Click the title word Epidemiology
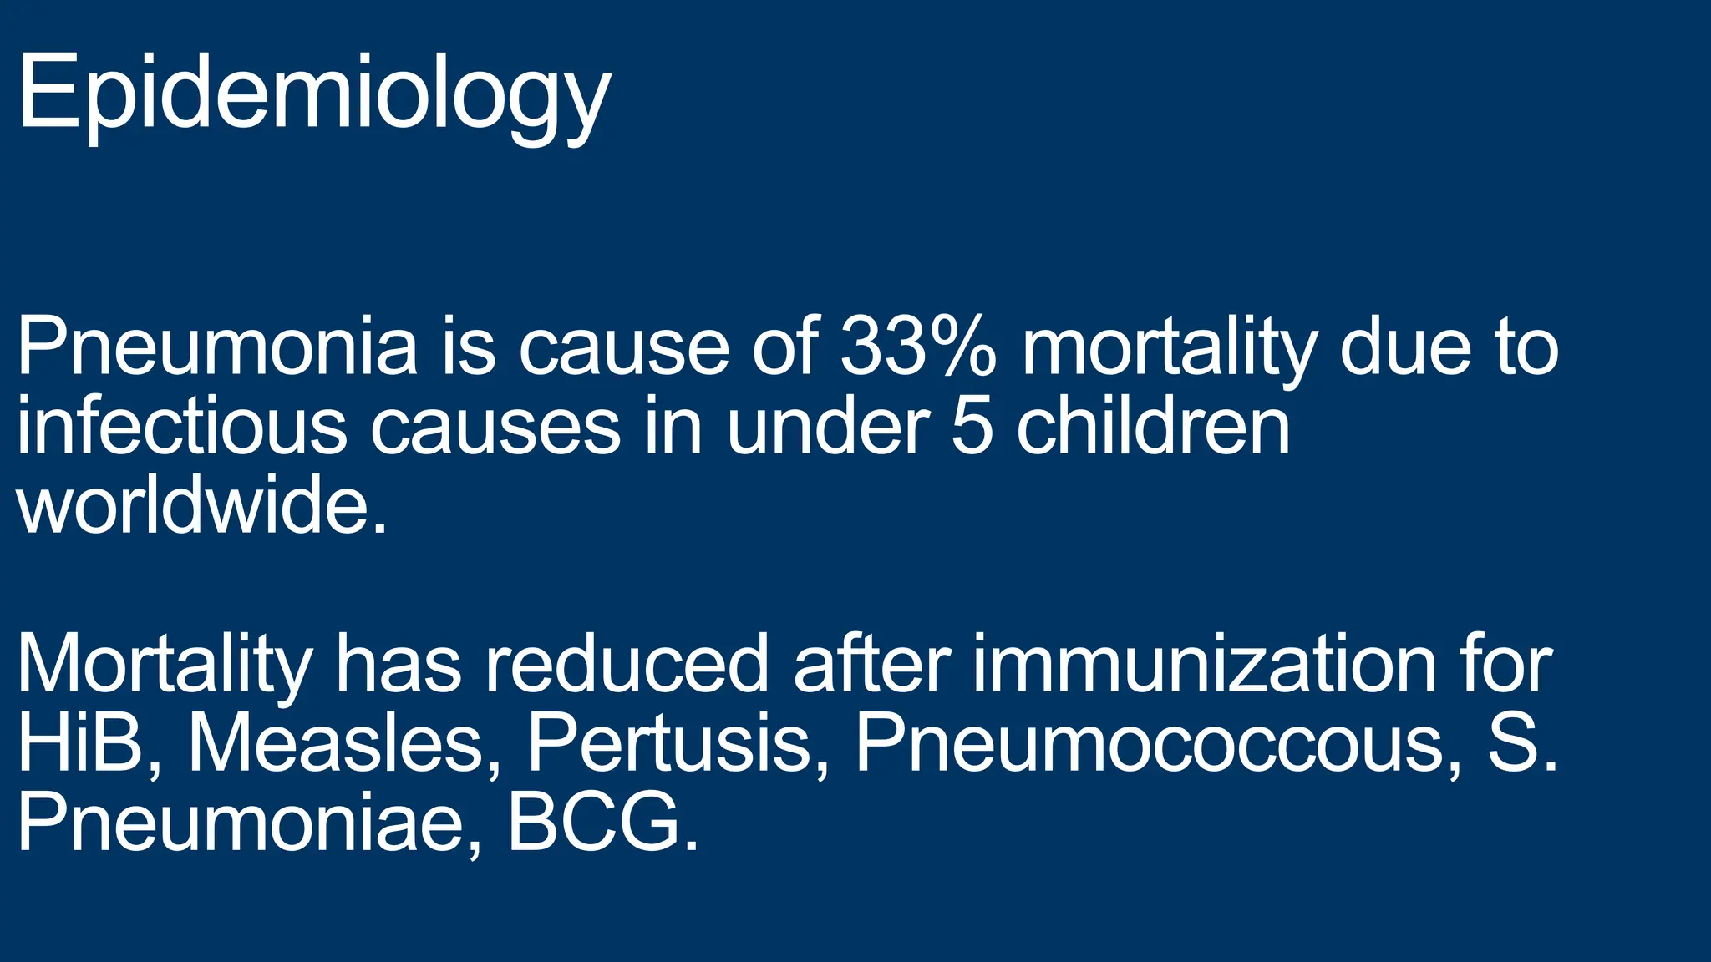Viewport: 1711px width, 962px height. coord(313,94)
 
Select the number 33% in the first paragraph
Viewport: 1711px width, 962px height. coord(918,347)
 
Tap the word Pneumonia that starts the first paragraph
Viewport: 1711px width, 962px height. coord(216,347)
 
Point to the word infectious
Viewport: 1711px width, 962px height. coord(180,427)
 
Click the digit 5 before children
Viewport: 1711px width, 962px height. coord(972,427)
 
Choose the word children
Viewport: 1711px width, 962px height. coord(1153,427)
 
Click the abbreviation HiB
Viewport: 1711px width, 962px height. coord(80,743)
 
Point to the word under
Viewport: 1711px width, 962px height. coord(827,427)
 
